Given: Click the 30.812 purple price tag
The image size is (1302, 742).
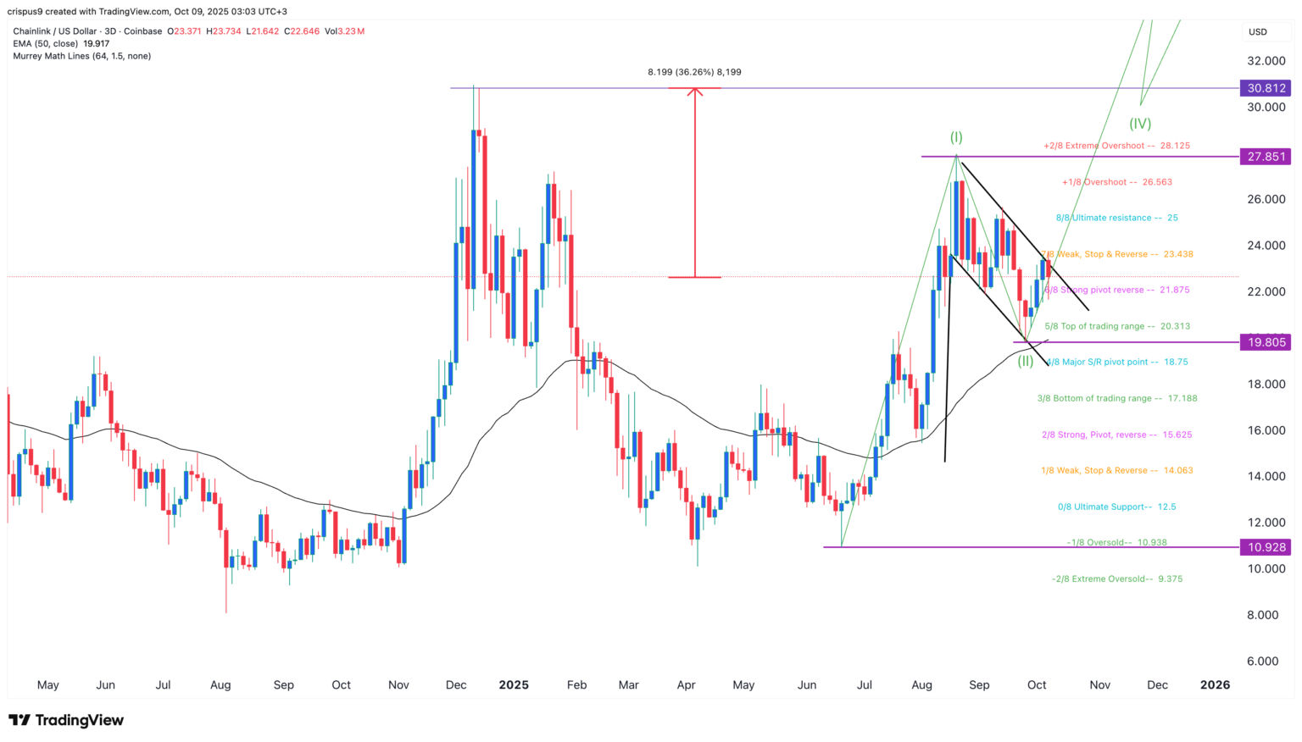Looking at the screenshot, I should point(1266,88).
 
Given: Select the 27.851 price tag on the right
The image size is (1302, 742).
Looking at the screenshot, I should point(1266,157).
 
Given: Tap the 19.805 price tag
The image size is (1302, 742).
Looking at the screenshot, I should point(1266,342).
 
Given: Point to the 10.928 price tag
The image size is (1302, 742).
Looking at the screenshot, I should point(1266,547).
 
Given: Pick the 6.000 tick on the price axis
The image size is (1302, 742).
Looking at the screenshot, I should point(1266,662).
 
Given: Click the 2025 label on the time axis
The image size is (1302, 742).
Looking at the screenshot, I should point(514,685).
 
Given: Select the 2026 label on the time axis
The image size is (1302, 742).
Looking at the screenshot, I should point(1215,685).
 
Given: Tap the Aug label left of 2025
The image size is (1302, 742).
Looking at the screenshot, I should point(220,685).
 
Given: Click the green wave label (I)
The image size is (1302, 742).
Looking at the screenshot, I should point(956,137).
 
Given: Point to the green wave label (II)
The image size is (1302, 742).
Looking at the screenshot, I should point(1026,361).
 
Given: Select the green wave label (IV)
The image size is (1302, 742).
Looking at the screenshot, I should point(1140,124).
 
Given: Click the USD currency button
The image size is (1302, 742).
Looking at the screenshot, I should point(1258,32).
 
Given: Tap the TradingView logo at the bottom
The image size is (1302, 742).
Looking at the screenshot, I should point(66,720).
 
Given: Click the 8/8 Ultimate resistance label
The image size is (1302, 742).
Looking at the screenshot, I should point(1116,218).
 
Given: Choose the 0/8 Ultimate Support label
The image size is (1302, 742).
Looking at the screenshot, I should point(1116,507).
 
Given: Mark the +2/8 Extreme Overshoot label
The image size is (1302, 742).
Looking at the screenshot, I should point(1116,146).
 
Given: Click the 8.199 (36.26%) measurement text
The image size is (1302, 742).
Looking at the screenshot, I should point(694,72).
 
